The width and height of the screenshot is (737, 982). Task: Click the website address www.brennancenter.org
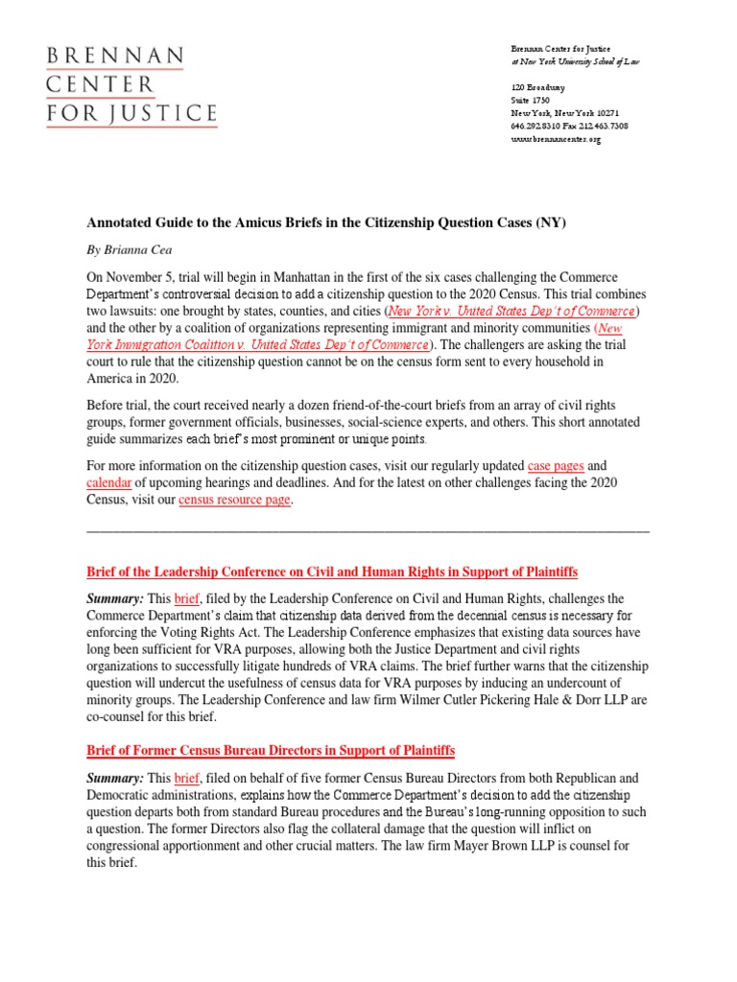[555, 140]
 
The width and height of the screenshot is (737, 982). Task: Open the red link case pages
[556, 465]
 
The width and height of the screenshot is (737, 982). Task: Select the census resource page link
[234, 500]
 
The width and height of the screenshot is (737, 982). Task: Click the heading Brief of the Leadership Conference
[332, 573]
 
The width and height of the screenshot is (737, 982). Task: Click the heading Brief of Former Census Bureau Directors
[271, 749]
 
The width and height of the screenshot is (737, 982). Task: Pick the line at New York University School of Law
[574, 61]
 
